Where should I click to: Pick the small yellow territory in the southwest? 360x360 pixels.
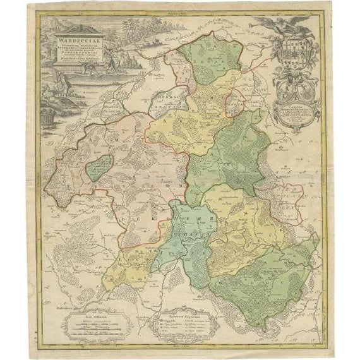126,265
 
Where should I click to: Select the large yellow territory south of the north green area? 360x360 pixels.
183,126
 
